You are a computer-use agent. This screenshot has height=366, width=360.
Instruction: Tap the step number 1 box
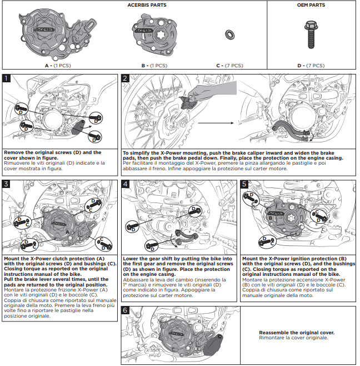(x=6, y=78)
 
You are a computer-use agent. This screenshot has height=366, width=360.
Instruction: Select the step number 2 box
(x=125, y=78)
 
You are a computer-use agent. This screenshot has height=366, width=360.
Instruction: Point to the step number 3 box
(x=6, y=184)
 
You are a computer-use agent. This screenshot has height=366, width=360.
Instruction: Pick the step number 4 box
(x=125, y=184)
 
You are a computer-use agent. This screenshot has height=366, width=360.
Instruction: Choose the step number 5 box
(x=244, y=184)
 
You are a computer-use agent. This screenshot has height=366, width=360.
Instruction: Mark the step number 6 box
(x=125, y=310)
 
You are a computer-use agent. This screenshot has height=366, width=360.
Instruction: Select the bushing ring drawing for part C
(x=228, y=36)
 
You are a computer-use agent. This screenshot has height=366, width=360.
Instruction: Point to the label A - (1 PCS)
(x=58, y=65)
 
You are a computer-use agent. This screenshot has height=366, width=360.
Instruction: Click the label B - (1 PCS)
(x=154, y=65)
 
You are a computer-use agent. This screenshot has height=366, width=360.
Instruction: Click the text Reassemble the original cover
(x=296, y=333)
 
